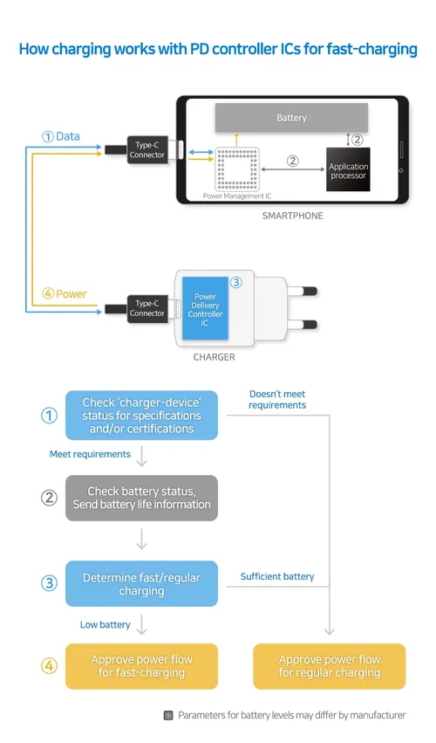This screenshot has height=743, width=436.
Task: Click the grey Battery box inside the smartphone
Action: point(291,117)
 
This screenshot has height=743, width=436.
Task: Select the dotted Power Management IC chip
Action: point(237,169)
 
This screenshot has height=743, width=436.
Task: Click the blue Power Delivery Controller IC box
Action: point(206,307)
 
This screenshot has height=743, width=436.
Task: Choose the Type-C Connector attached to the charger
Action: point(147,307)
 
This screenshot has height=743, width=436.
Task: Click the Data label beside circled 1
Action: point(67,136)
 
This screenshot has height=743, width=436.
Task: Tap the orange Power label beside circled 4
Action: point(71,293)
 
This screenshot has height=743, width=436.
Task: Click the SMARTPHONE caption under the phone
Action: point(292,216)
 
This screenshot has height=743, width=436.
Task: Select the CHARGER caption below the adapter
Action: point(214,357)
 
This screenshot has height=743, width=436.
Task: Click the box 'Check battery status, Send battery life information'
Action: point(141,498)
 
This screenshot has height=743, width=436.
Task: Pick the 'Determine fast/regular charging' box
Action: point(141,584)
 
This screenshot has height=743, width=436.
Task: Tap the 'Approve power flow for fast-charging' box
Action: point(141,666)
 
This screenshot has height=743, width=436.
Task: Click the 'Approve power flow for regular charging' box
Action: point(329,666)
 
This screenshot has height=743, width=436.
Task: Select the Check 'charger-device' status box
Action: point(141,416)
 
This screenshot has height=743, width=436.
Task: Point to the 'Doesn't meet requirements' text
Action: point(276,400)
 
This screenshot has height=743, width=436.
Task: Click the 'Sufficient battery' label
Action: point(277,577)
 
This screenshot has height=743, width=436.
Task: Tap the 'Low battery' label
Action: point(105,624)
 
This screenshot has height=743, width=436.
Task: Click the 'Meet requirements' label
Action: point(90,454)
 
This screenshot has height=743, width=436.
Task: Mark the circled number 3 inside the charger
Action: point(235,282)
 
